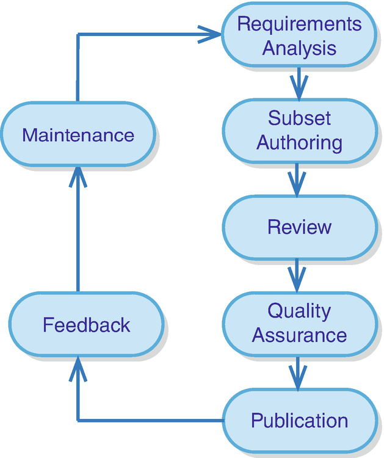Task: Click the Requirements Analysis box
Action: (x=299, y=36)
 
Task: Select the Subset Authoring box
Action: (x=299, y=130)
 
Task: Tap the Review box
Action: (x=299, y=227)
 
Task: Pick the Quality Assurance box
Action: (x=299, y=323)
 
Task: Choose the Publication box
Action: (x=299, y=420)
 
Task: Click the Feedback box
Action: (x=86, y=324)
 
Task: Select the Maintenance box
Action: (x=78, y=134)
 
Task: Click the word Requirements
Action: (x=299, y=24)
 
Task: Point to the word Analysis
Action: (x=299, y=48)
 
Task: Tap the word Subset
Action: (x=299, y=118)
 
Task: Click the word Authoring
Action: (x=299, y=142)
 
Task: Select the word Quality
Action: (x=299, y=311)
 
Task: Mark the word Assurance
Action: (x=299, y=335)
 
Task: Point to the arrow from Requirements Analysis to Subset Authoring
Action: (x=298, y=84)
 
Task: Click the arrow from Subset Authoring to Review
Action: (x=298, y=180)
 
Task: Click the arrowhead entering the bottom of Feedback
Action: (x=78, y=366)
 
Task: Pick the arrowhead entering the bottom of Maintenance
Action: (x=78, y=176)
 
